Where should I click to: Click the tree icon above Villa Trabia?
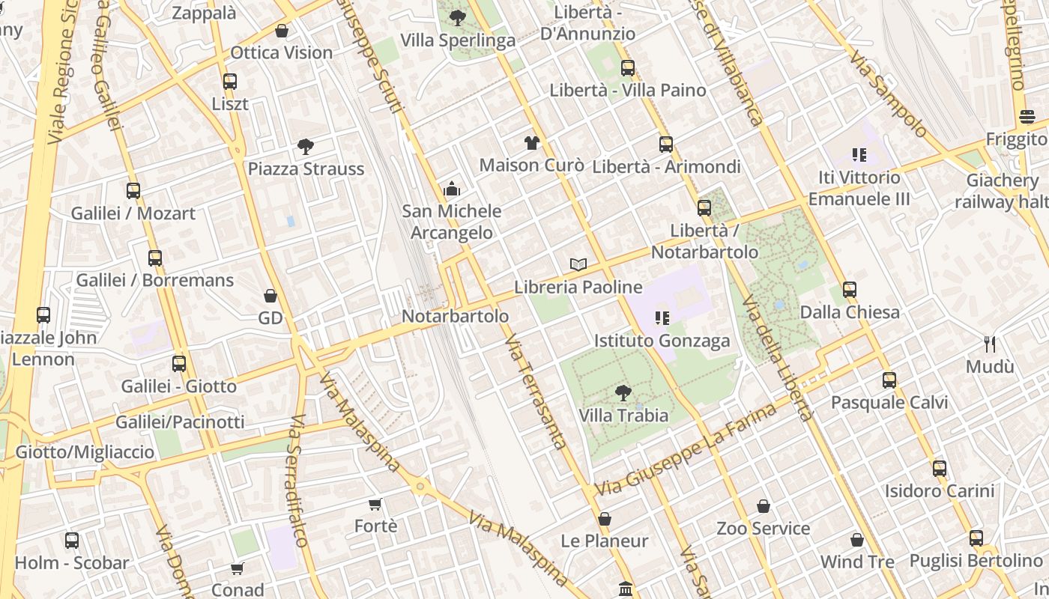coord(623,392)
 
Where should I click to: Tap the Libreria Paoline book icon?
coord(578,264)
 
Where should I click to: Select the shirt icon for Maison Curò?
coord(531,142)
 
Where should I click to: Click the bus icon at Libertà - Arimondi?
coord(666,145)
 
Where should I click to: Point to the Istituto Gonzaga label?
coord(662,341)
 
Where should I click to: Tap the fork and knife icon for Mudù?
coord(990,344)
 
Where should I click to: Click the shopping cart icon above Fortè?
coord(375,505)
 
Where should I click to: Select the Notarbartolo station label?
coord(455,316)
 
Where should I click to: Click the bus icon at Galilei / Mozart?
coord(133,191)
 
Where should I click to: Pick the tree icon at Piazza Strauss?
coord(305,146)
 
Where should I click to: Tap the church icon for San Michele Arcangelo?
coord(451,189)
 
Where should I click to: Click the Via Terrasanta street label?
coord(534,392)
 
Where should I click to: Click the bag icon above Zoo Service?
coord(763,507)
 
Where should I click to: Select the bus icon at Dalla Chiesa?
coord(849,290)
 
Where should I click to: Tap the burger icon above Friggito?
coord(1027,118)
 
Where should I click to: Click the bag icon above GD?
coord(270,297)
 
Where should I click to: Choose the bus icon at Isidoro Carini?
coord(939,469)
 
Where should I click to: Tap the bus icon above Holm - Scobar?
coord(72,541)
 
